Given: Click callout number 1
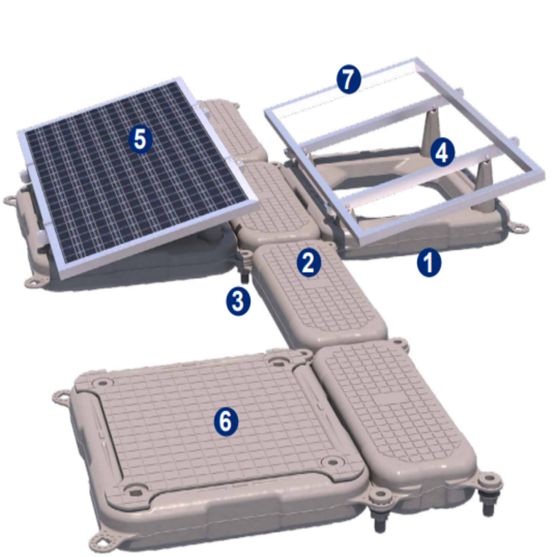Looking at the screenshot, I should (x=429, y=263).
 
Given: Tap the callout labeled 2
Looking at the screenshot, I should (x=309, y=263).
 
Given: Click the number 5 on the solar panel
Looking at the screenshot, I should (x=140, y=140).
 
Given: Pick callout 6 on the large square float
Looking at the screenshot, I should (x=226, y=421).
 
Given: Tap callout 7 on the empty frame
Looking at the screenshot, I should (x=348, y=79).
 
